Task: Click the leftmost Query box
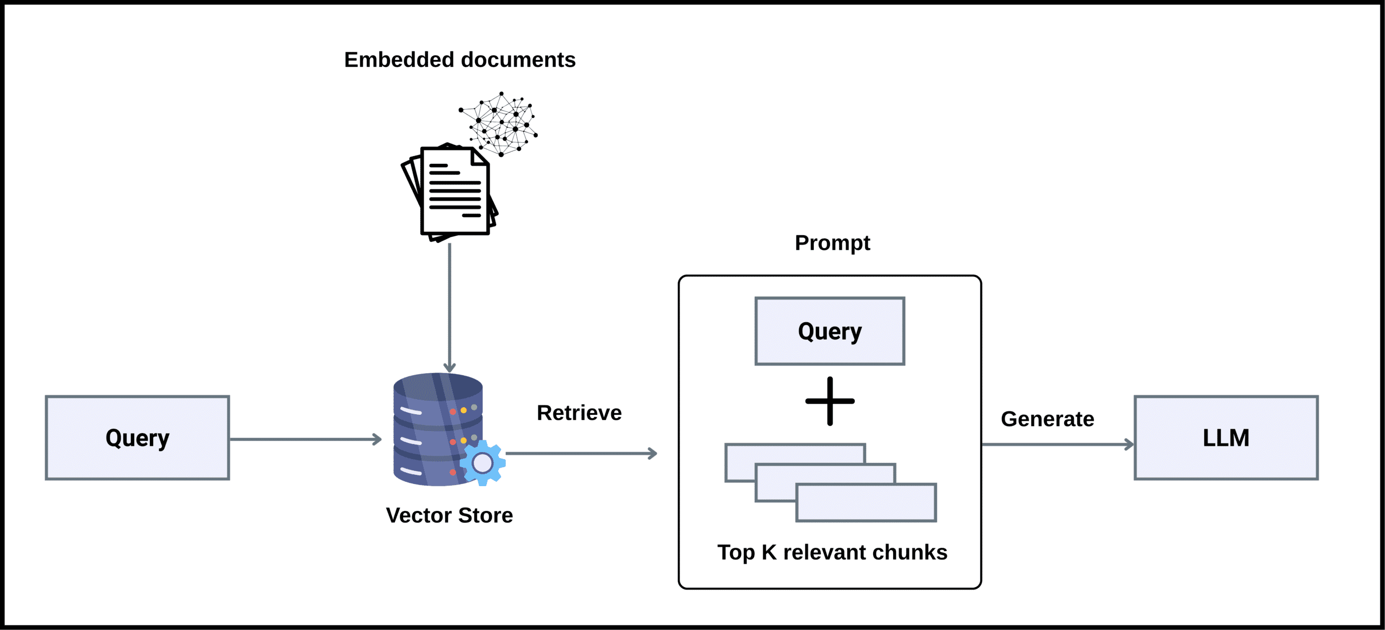pyautogui.click(x=137, y=437)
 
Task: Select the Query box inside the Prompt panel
pyautogui.click(x=829, y=331)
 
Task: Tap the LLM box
pyautogui.click(x=1226, y=437)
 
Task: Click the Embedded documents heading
pyautogui.click(x=460, y=59)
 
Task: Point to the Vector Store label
pyautogui.click(x=449, y=515)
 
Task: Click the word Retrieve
pyautogui.click(x=579, y=413)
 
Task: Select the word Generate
pyautogui.click(x=1047, y=419)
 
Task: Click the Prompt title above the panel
pyautogui.click(x=832, y=243)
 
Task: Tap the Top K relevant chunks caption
pyautogui.click(x=832, y=553)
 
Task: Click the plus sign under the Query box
pyautogui.click(x=830, y=401)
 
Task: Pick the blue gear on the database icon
pyautogui.click(x=483, y=463)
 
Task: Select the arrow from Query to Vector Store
pyautogui.click(x=306, y=440)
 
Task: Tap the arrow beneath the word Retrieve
pyautogui.click(x=582, y=453)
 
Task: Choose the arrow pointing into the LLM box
pyautogui.click(x=1058, y=445)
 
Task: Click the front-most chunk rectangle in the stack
pyautogui.click(x=866, y=503)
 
